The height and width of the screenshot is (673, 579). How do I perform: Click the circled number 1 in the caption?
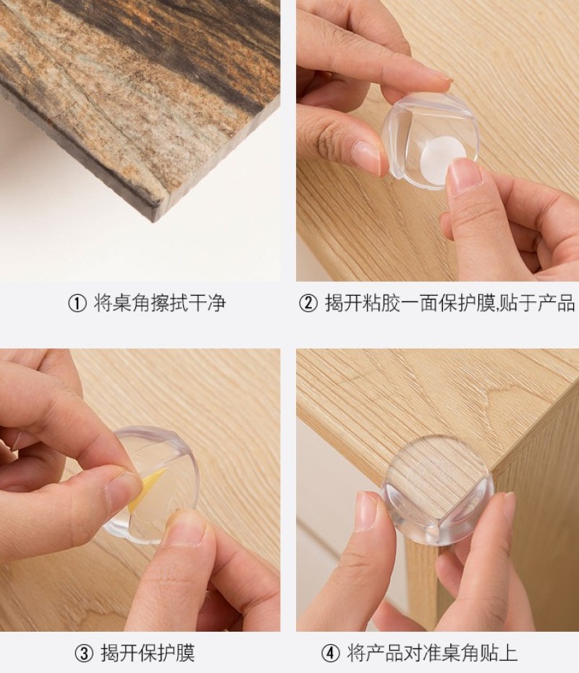(x=77, y=304)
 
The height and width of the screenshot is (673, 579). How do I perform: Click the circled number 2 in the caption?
(x=308, y=304)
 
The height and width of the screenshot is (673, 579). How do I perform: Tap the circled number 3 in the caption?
(x=84, y=653)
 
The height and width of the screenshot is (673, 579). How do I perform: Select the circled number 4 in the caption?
(x=330, y=653)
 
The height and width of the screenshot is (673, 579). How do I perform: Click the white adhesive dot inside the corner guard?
(x=443, y=155)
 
